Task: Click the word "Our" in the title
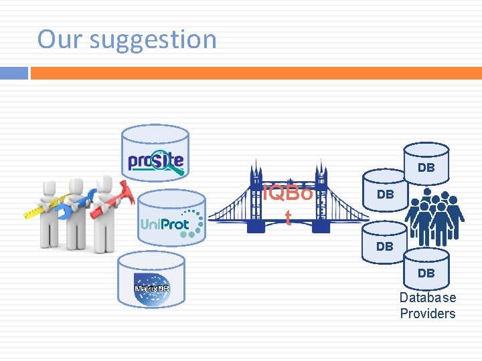tap(60, 39)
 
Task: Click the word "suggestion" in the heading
tap(153, 40)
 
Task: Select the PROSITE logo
tap(155, 161)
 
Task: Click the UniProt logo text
tap(165, 224)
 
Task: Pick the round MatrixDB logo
tap(151, 288)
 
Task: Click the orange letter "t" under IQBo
tap(288, 217)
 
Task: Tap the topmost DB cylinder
tap(426, 164)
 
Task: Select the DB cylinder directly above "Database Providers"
tap(426, 270)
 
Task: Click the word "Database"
tap(428, 298)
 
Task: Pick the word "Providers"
tap(428, 314)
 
